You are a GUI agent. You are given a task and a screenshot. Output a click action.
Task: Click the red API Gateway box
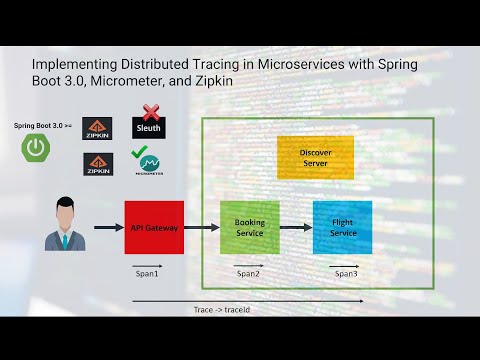[154, 227]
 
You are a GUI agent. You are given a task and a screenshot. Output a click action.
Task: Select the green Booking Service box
[249, 227]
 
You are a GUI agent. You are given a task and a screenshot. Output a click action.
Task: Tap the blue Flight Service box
[342, 227]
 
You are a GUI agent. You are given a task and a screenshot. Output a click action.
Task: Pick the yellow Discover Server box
[315, 157]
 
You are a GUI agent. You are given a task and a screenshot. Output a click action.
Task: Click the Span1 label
[147, 272]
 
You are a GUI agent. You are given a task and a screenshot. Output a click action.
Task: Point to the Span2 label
[248, 272]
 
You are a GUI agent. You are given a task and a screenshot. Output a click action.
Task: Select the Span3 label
[346, 272]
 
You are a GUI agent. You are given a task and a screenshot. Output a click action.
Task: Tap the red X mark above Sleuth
[151, 111]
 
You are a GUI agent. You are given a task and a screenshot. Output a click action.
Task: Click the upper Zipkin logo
[98, 127]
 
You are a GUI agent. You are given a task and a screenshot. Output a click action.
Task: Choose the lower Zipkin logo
[98, 164]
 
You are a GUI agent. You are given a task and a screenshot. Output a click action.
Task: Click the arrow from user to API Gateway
[108, 228]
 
